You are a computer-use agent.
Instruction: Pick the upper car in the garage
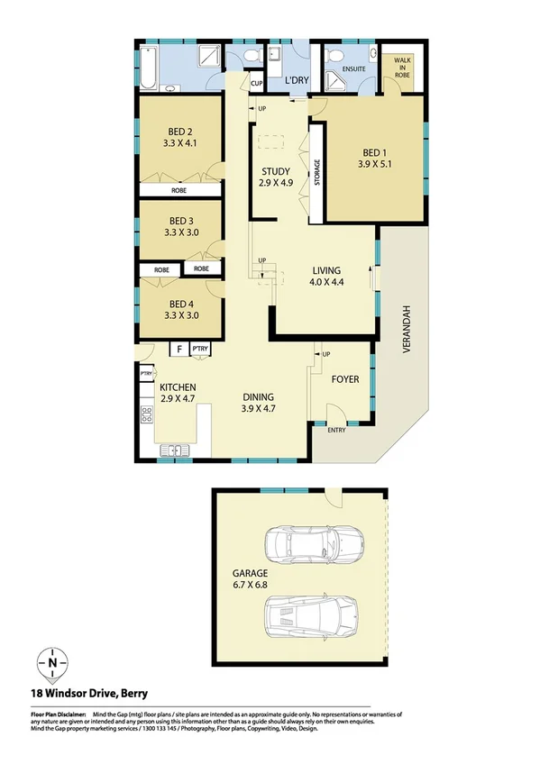pyautogui.click(x=311, y=543)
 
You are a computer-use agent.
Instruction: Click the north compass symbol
pyautogui.click(x=53, y=664)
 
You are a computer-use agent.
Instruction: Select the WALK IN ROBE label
pyautogui.click(x=399, y=67)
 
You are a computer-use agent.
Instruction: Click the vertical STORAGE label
pyautogui.click(x=316, y=172)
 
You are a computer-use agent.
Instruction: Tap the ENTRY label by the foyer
pyautogui.click(x=336, y=430)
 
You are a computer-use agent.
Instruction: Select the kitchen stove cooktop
pyautogui.click(x=147, y=414)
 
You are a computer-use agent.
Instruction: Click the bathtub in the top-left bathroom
pyautogui.click(x=151, y=67)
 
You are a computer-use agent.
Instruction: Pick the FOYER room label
pyautogui.click(x=344, y=379)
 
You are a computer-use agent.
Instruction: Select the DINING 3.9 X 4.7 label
pyautogui.click(x=257, y=403)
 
